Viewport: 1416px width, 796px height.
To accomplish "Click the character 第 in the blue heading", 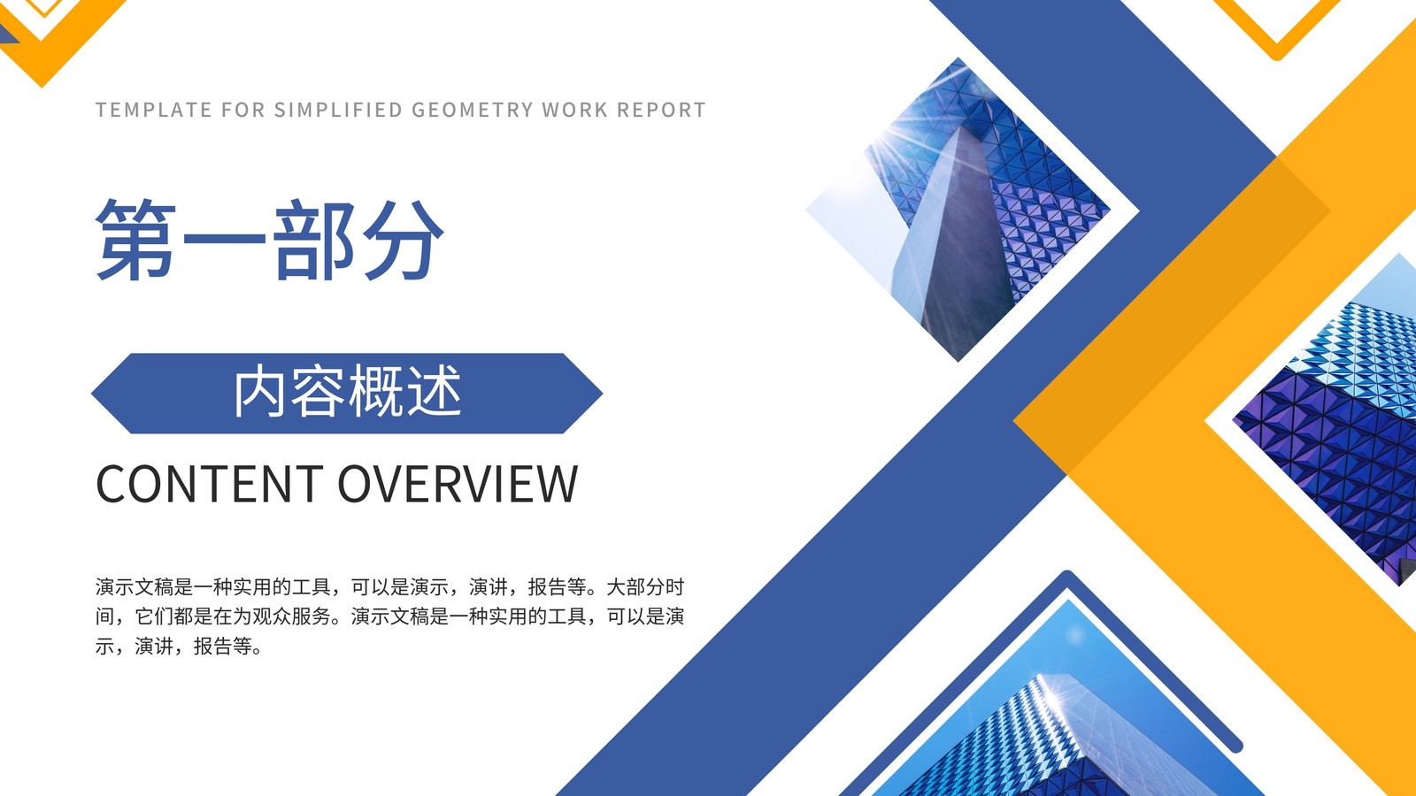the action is [x=136, y=239].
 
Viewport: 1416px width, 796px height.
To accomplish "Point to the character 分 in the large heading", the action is [x=403, y=239].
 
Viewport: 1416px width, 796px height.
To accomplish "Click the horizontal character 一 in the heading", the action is [x=224, y=238].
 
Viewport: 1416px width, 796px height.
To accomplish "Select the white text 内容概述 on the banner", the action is [x=348, y=392].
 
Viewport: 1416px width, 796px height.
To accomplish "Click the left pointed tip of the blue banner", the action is [x=92, y=394].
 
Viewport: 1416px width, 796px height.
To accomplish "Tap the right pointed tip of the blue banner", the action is [x=602, y=394].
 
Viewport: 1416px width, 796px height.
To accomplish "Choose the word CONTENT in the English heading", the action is [x=210, y=484].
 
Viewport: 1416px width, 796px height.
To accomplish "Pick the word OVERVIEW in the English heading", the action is [x=458, y=484].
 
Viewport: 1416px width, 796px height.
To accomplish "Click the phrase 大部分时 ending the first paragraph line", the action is [x=645, y=587].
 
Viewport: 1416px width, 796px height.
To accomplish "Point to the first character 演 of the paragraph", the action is [x=105, y=587].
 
